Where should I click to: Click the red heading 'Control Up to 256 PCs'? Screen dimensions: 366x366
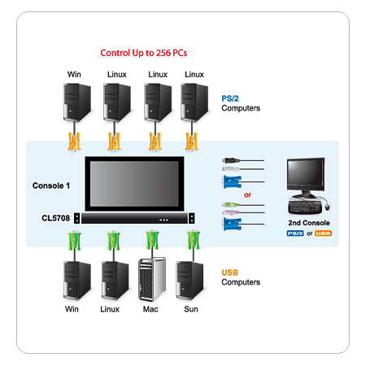[144, 53]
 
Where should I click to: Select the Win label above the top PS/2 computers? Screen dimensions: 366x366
[74, 74]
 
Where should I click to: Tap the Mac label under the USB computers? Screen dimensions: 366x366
[150, 309]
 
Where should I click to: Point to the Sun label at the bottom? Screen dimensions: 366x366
[191, 309]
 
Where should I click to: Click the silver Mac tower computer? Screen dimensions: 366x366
[152, 280]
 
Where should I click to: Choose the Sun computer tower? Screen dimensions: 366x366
[190, 281]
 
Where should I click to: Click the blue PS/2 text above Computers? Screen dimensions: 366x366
[230, 98]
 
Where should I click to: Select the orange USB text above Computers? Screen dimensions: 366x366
[229, 272]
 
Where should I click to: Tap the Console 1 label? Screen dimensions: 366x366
[51, 185]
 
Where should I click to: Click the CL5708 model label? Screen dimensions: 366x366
[55, 218]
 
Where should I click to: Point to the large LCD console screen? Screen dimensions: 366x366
[134, 184]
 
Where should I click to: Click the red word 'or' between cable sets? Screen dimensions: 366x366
[247, 195]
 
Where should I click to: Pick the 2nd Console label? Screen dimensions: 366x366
[309, 223]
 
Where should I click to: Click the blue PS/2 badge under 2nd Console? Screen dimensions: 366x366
[295, 233]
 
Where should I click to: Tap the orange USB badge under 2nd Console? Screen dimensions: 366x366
[323, 233]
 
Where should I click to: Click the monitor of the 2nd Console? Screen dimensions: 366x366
[306, 176]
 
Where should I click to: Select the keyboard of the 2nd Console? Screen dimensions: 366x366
[305, 207]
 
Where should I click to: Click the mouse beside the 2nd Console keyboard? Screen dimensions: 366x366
[327, 207]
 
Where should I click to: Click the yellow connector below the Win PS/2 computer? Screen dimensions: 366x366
[74, 141]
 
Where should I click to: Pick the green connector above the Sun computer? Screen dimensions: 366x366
[194, 240]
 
